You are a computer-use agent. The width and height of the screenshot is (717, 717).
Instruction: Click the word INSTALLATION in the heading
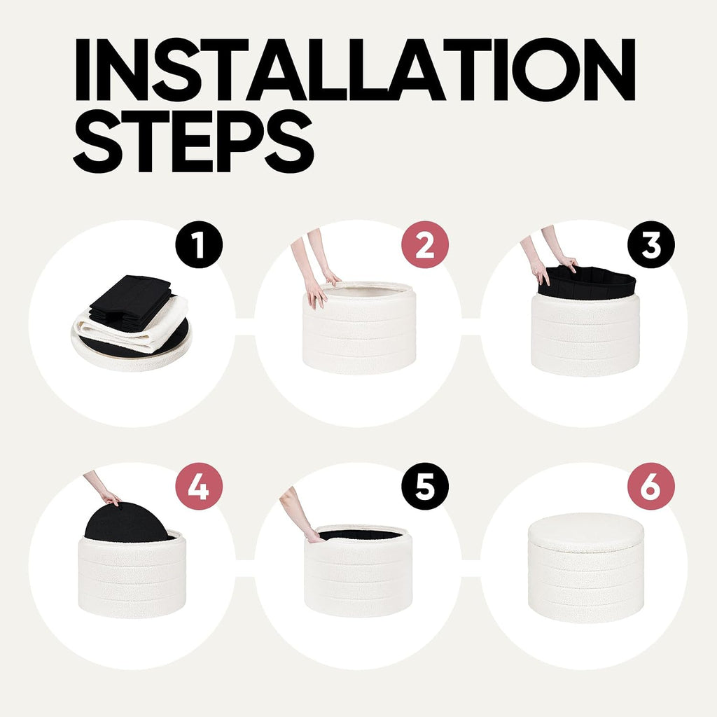tap(355, 69)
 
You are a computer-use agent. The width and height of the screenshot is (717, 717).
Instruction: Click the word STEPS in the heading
tap(193, 141)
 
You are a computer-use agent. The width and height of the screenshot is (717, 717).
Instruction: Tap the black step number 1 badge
tap(199, 244)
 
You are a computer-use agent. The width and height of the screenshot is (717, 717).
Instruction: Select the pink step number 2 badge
tap(425, 244)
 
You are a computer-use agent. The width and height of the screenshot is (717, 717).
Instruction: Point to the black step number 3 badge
tap(651, 244)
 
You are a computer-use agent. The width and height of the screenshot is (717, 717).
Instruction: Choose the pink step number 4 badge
tap(199, 487)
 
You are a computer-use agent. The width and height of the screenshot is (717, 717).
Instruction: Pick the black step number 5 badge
tap(425, 487)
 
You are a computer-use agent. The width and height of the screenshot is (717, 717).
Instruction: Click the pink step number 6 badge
tap(651, 487)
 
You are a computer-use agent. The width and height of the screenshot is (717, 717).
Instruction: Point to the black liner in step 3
tap(587, 284)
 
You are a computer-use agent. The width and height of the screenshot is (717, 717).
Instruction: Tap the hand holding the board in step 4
tap(111, 498)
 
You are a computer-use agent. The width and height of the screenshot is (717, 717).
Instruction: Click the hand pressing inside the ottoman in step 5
tap(314, 536)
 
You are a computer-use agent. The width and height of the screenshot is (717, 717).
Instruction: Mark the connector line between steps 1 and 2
tap(244, 326)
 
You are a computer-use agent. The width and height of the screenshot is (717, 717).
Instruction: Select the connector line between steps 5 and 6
tap(471, 568)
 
